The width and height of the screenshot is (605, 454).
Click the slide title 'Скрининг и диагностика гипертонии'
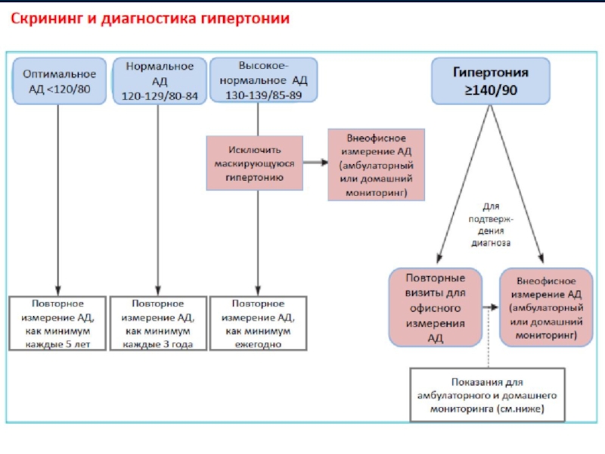click(x=149, y=19)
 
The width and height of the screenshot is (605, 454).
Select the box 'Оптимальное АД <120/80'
click(x=59, y=82)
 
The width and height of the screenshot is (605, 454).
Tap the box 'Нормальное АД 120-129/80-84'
click(x=160, y=82)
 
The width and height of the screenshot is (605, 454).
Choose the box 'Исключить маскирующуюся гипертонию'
click(x=255, y=163)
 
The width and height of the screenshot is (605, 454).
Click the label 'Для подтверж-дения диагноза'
click(x=492, y=225)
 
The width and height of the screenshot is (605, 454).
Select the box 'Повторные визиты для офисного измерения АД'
click(x=436, y=306)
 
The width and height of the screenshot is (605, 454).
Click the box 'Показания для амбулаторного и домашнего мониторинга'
click(x=487, y=396)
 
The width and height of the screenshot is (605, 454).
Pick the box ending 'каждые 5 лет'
click(x=58, y=323)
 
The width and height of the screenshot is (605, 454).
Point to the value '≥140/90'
click(x=491, y=90)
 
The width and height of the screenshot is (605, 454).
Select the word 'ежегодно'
click(x=258, y=344)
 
